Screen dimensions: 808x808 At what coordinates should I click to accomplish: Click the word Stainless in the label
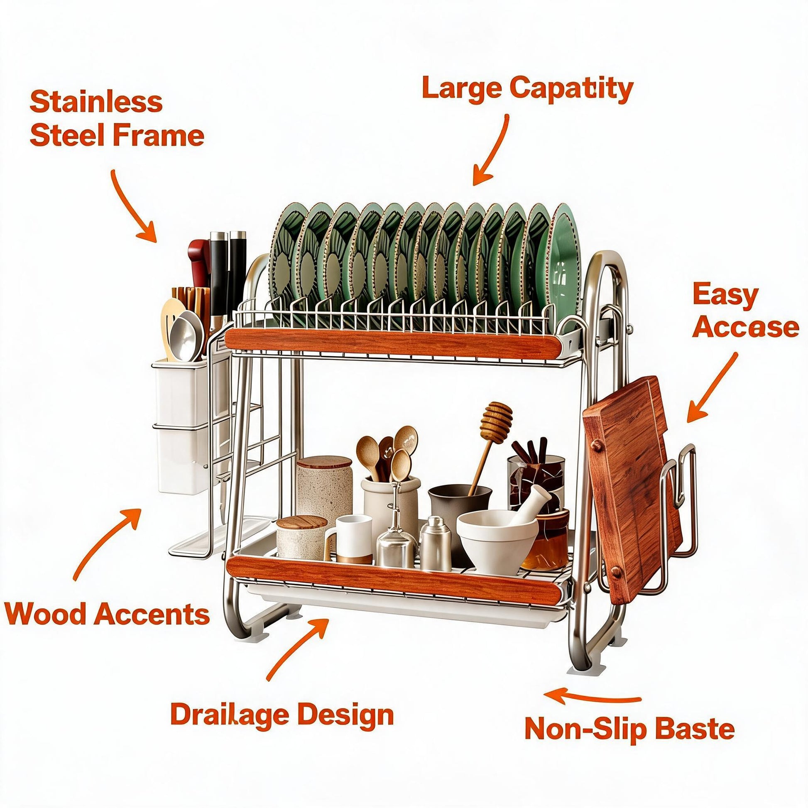[96, 102]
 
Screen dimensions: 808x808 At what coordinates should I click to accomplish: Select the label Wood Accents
[107, 615]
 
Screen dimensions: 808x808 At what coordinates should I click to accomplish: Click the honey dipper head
[497, 423]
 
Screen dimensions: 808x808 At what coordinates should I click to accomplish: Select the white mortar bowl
[497, 542]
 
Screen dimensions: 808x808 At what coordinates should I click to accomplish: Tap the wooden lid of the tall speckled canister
[324, 464]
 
